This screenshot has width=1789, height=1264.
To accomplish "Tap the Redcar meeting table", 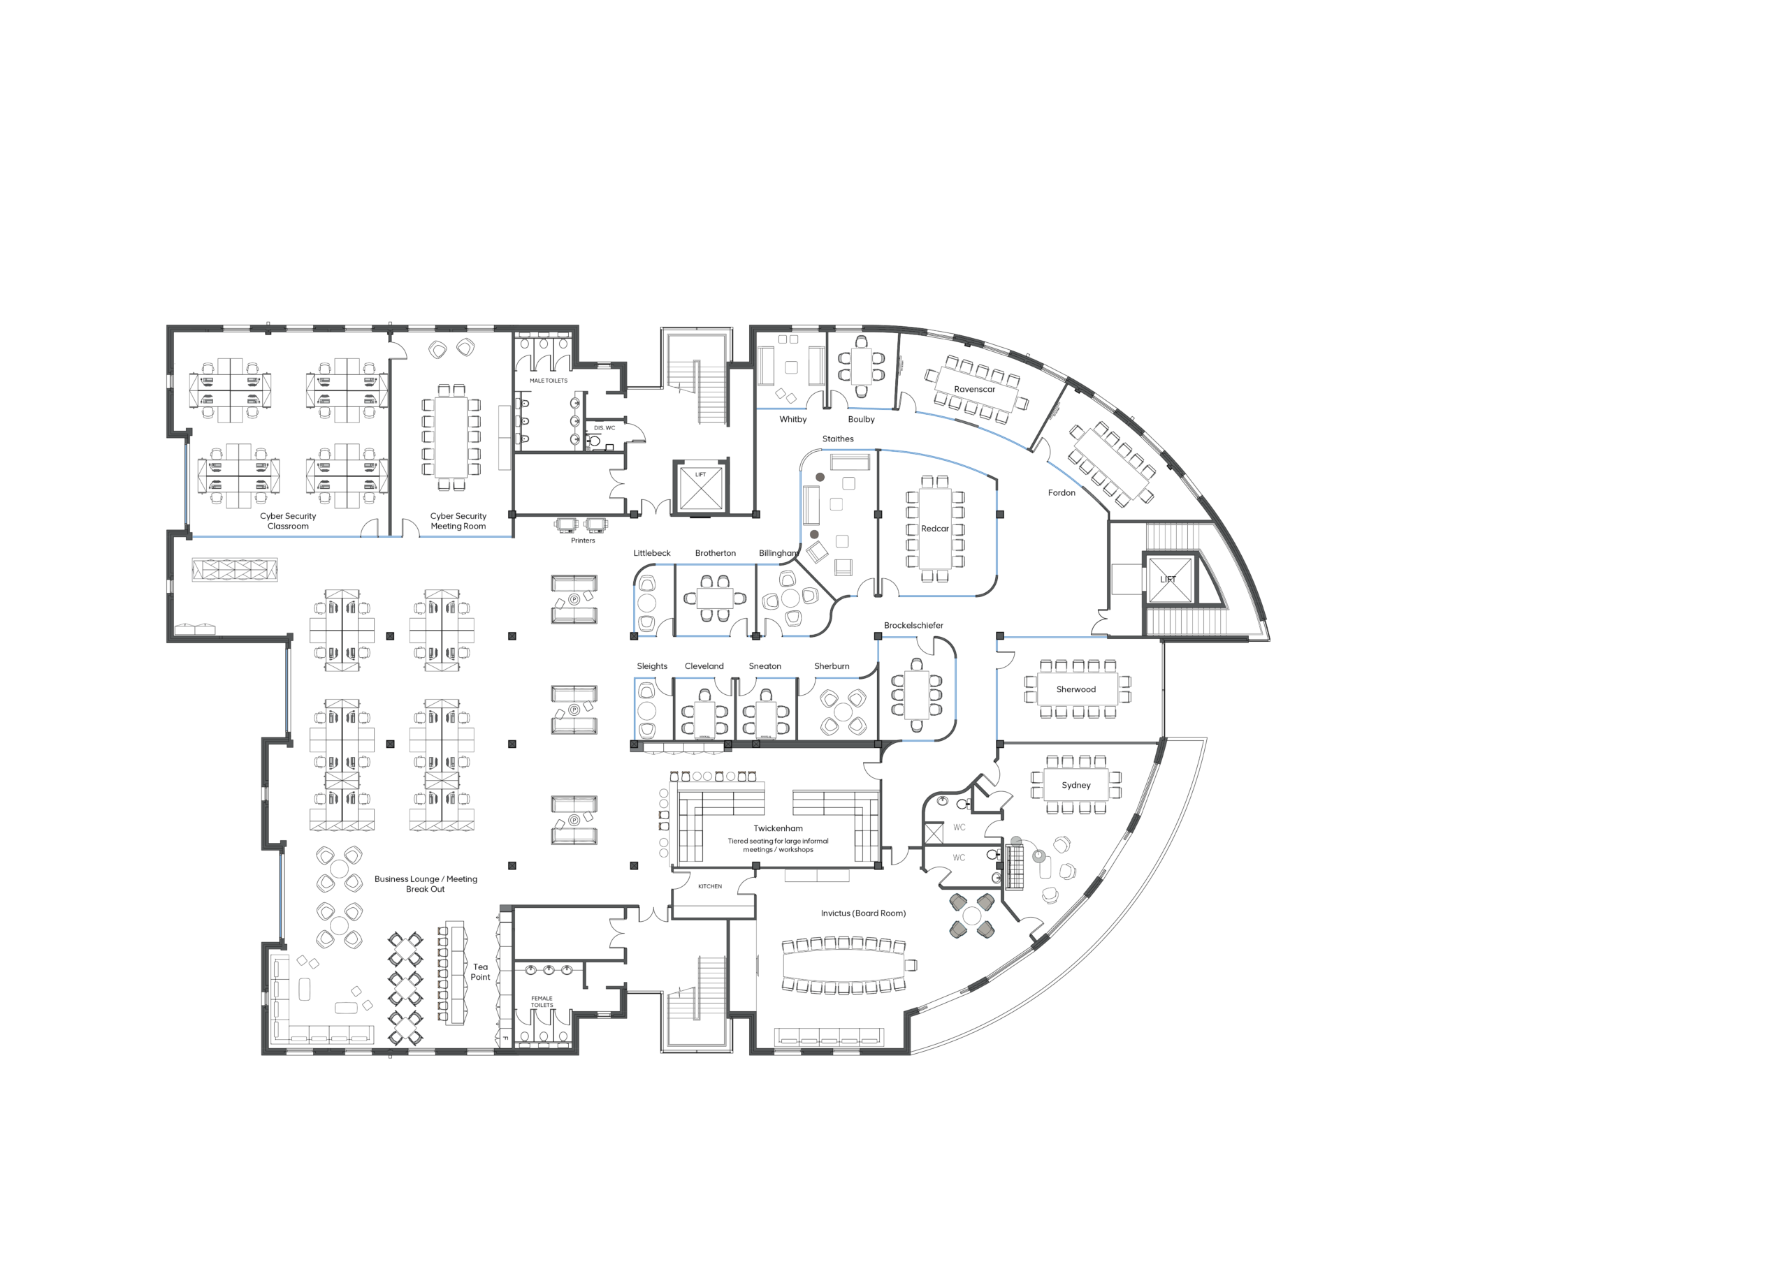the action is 934,529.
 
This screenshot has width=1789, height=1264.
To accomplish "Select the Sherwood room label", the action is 1075,689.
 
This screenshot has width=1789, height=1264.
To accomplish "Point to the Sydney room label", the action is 1075,785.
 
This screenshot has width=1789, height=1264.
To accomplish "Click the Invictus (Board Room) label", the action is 862,913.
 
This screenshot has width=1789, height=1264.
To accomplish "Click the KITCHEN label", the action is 710,886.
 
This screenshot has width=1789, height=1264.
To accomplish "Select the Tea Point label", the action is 480,972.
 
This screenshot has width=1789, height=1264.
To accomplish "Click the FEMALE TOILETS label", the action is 542,1001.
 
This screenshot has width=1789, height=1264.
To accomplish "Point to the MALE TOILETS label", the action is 549,381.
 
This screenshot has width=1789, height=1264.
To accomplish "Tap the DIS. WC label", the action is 604,427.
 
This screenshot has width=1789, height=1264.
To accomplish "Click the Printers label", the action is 583,541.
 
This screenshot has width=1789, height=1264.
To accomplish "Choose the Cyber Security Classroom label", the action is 289,521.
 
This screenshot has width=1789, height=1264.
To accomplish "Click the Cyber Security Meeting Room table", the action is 451,437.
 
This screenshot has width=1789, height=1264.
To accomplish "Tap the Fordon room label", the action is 1062,493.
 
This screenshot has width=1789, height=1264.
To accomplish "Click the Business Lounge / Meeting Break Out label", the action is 426,884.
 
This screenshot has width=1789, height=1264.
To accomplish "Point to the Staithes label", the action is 838,439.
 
